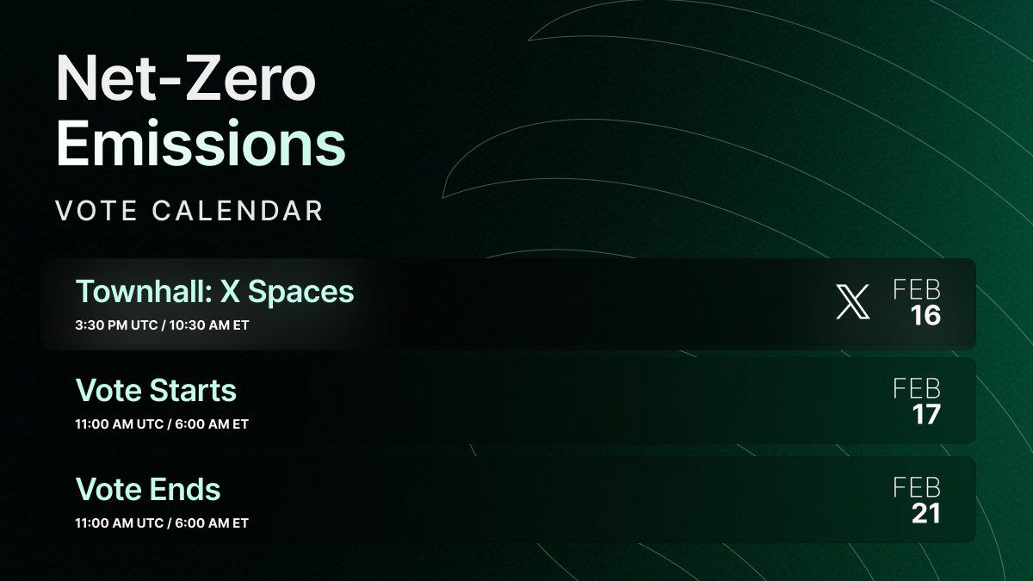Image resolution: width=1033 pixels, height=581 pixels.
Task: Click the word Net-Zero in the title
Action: pyautogui.click(x=186, y=78)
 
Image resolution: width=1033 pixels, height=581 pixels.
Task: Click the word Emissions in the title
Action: pyautogui.click(x=201, y=142)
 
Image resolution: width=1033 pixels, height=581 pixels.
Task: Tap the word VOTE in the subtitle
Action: pyautogui.click(x=96, y=211)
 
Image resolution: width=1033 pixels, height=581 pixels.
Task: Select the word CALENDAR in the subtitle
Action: pyautogui.click(x=238, y=211)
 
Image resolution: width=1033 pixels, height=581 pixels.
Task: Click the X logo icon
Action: pyautogui.click(x=853, y=302)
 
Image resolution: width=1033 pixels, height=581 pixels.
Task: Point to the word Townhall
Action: pyautogui.click(x=145, y=292)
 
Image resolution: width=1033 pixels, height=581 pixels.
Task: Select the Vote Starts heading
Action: pyautogui.click(x=156, y=390)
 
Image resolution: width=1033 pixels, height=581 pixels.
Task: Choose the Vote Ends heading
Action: pyautogui.click(x=148, y=489)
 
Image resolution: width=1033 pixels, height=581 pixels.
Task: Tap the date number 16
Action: pyautogui.click(x=925, y=316)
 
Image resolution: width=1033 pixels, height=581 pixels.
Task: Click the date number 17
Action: pyautogui.click(x=926, y=415)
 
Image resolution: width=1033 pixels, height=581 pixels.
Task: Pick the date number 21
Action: pyautogui.click(x=926, y=513)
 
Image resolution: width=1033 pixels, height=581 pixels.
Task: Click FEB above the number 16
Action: pyautogui.click(x=917, y=289)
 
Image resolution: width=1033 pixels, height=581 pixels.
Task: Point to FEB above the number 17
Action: pyautogui.click(x=917, y=388)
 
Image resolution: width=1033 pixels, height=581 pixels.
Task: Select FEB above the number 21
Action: pyautogui.click(x=917, y=487)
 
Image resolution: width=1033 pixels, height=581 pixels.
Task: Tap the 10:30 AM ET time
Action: pyautogui.click(x=209, y=325)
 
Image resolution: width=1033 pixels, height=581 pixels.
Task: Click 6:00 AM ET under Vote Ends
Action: pyautogui.click(x=212, y=523)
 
